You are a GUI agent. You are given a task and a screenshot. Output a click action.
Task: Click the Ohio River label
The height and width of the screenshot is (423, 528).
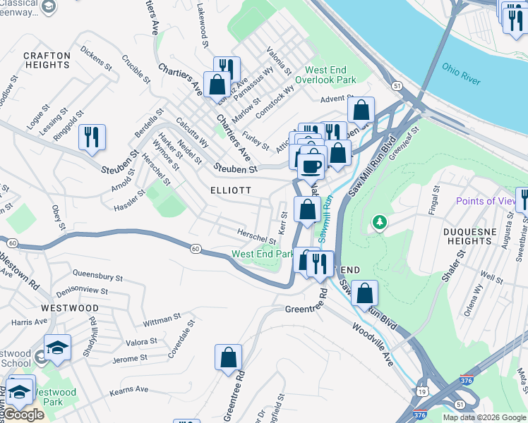pyautogui.click(x=462, y=73)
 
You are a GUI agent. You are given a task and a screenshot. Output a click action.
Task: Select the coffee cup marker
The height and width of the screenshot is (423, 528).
pyautogui.click(x=311, y=166)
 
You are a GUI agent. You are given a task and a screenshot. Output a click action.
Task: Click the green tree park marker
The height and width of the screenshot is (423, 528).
pyautogui.click(x=380, y=223)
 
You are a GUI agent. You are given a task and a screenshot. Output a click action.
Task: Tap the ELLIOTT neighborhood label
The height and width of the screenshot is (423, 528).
pyautogui.click(x=230, y=190)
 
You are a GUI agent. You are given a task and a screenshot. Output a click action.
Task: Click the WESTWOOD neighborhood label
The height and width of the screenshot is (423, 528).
pyautogui.click(x=70, y=308)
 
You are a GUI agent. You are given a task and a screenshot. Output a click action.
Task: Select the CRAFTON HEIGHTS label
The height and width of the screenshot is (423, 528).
pyautogui.click(x=47, y=60)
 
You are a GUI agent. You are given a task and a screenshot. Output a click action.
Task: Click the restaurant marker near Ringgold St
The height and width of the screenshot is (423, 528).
pyautogui.click(x=92, y=137)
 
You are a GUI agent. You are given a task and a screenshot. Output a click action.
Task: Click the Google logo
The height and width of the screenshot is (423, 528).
pyautogui.click(x=23, y=414)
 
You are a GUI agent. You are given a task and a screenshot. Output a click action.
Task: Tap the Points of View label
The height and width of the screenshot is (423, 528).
pyautogui.click(x=486, y=201)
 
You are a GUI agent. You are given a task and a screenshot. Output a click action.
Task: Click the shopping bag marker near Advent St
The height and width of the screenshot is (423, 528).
pyautogui.click(x=361, y=111)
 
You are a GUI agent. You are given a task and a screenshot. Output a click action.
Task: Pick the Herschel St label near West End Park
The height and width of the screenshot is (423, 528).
pyautogui.click(x=256, y=236)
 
